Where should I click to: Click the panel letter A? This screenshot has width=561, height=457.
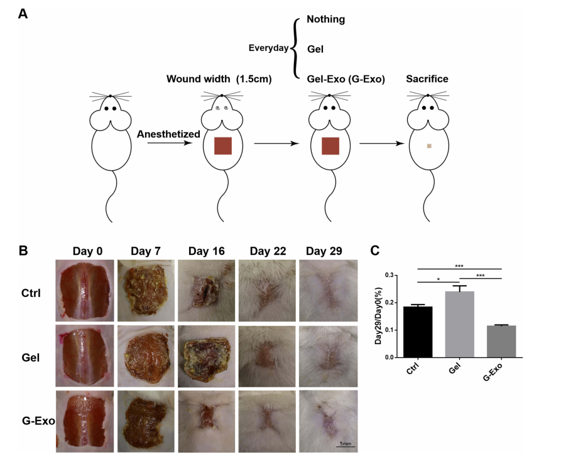[x=23, y=14]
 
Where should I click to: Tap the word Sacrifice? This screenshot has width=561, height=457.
[x=427, y=79]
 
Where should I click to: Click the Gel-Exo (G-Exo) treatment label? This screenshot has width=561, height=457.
[x=346, y=79]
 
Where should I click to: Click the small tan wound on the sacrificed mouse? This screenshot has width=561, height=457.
[x=428, y=146]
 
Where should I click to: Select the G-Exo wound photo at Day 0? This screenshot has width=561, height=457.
[x=84, y=421]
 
